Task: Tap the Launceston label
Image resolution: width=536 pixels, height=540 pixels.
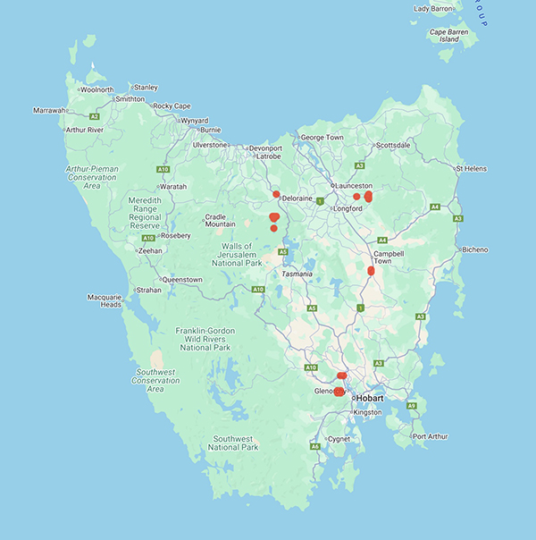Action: tap(351, 185)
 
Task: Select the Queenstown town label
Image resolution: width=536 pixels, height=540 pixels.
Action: tap(182, 280)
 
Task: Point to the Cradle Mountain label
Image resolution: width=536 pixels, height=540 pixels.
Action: tap(220, 221)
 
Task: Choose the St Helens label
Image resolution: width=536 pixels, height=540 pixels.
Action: tap(471, 168)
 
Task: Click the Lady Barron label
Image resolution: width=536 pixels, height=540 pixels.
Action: tap(432, 9)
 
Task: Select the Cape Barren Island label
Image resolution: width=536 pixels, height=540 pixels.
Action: tap(449, 36)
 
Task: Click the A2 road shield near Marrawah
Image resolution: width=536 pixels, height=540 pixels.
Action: tap(95, 116)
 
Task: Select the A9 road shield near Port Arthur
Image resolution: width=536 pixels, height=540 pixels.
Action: tap(412, 407)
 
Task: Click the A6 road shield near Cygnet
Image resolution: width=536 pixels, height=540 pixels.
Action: tap(315, 445)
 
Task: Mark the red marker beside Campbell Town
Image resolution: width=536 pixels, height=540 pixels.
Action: tap(371, 270)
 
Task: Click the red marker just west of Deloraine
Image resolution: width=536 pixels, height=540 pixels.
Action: tap(276, 194)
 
